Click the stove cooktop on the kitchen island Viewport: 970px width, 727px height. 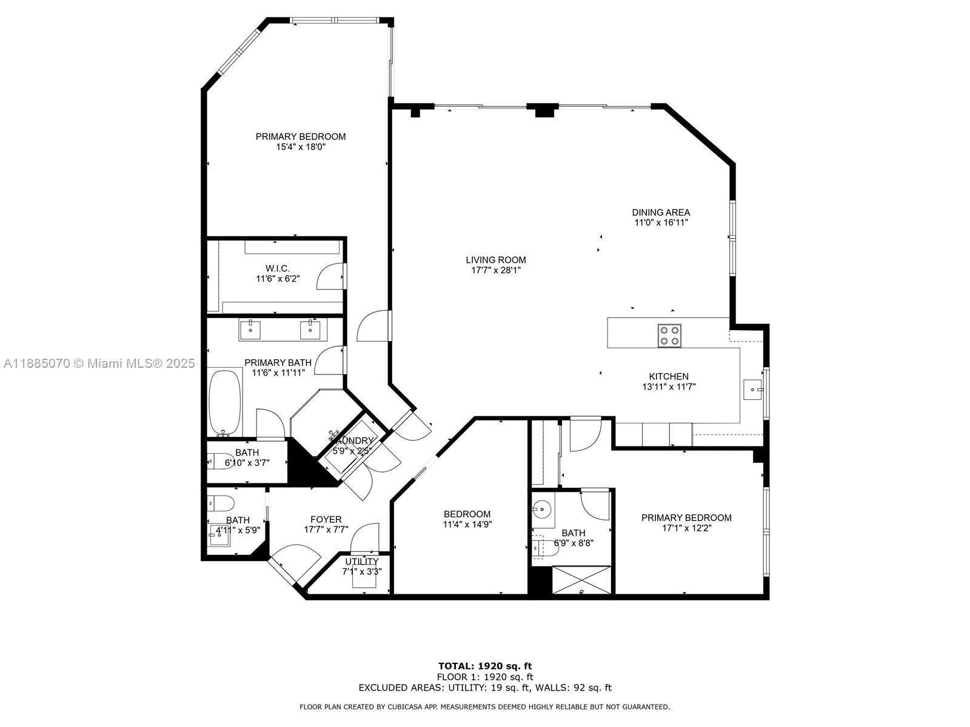pyautogui.click(x=669, y=335)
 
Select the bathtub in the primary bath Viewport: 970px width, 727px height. pyautogui.click(x=225, y=402)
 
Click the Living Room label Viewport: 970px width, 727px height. pyautogui.click(x=495, y=260)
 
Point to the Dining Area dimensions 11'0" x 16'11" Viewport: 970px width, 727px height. pyautogui.click(x=661, y=222)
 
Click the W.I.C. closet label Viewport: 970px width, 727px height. pyautogui.click(x=277, y=268)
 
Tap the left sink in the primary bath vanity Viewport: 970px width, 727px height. pyautogui.click(x=250, y=330)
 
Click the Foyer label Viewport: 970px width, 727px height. pyautogui.click(x=326, y=519)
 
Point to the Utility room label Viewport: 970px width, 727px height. pyautogui.click(x=361, y=562)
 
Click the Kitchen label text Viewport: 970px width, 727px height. pyautogui.click(x=669, y=376)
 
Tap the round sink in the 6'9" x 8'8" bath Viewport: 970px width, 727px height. pyautogui.click(x=543, y=508)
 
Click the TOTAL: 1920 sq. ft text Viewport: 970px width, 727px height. pyautogui.click(x=484, y=666)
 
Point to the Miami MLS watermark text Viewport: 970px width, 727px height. pyautogui.click(x=99, y=363)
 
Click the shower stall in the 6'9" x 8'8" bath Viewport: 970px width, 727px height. pyautogui.click(x=581, y=580)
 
